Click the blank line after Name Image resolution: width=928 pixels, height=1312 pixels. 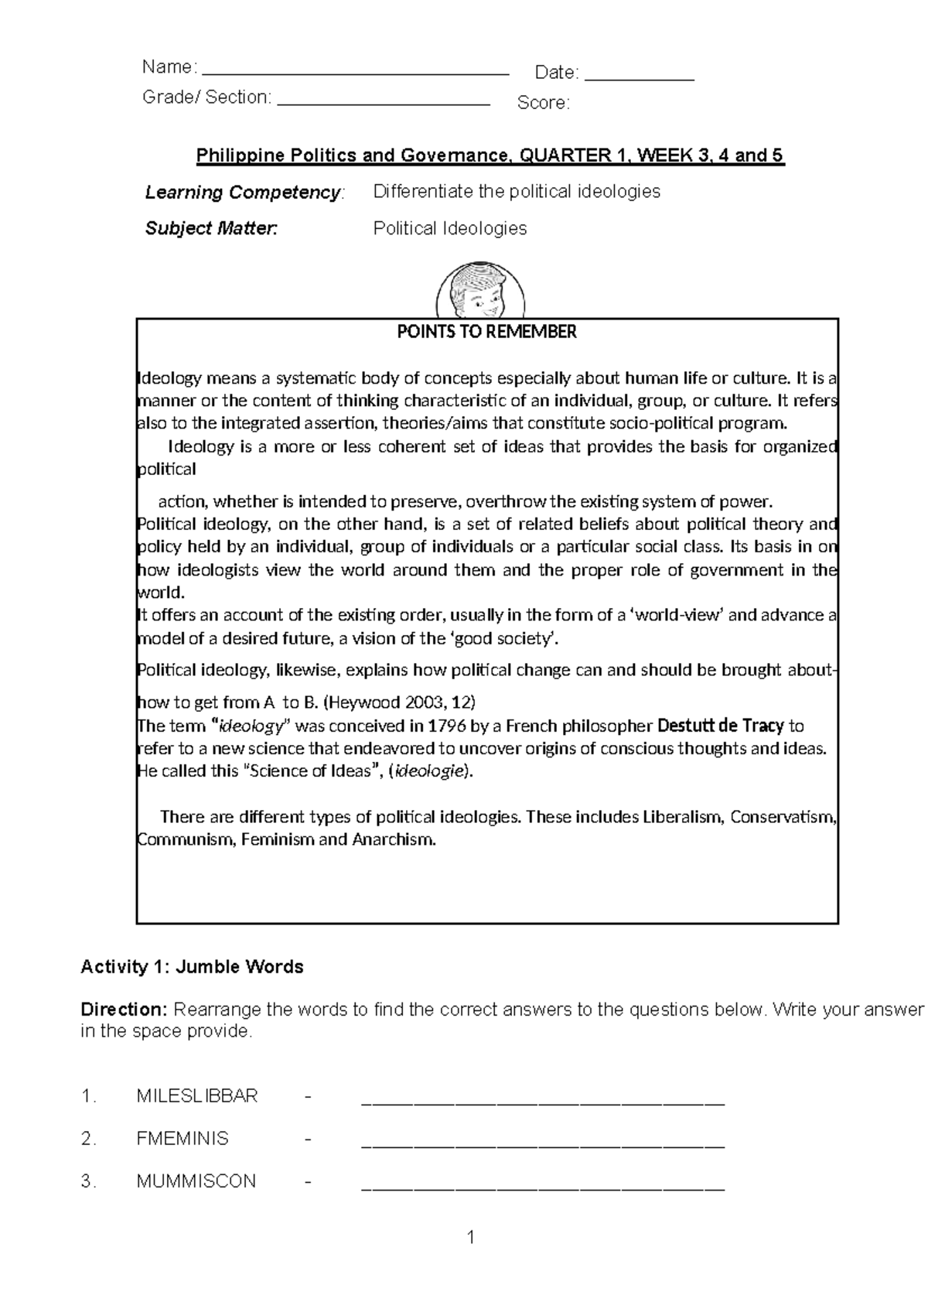coord(354,73)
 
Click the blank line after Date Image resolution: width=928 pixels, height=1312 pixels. coord(640,79)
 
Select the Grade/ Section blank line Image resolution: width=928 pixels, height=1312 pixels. coord(383,103)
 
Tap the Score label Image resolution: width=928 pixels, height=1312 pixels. coord(543,103)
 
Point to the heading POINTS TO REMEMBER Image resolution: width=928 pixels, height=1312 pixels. coord(486,332)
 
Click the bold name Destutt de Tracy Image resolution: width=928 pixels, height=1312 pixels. coord(720,726)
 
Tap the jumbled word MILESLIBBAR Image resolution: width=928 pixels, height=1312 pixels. coord(196,1095)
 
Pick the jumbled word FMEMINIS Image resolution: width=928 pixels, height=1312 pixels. coord(183,1138)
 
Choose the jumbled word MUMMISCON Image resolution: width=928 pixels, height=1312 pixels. coord(196,1180)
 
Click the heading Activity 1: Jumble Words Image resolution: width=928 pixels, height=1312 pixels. coord(192,966)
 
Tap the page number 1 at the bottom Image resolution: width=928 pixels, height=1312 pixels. coord(470,1238)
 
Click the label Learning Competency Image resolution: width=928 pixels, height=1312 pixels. coord(243,193)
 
